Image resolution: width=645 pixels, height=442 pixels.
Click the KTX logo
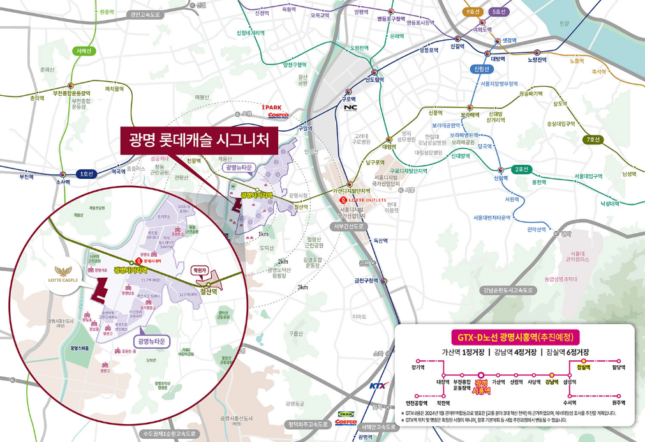coord(378,386)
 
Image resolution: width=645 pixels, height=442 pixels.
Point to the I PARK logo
coord(272,107)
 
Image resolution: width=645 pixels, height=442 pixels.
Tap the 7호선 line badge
coord(593,140)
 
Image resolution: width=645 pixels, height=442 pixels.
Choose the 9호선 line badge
coord(473,11)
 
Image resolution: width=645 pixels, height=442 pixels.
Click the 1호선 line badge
coord(84,174)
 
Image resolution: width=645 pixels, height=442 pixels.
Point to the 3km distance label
coord(302,287)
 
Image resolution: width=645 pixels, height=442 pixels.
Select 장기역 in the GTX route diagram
coord(419,368)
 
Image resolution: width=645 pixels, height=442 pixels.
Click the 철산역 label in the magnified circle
coord(209,291)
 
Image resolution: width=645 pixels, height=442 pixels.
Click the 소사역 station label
coord(62,182)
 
